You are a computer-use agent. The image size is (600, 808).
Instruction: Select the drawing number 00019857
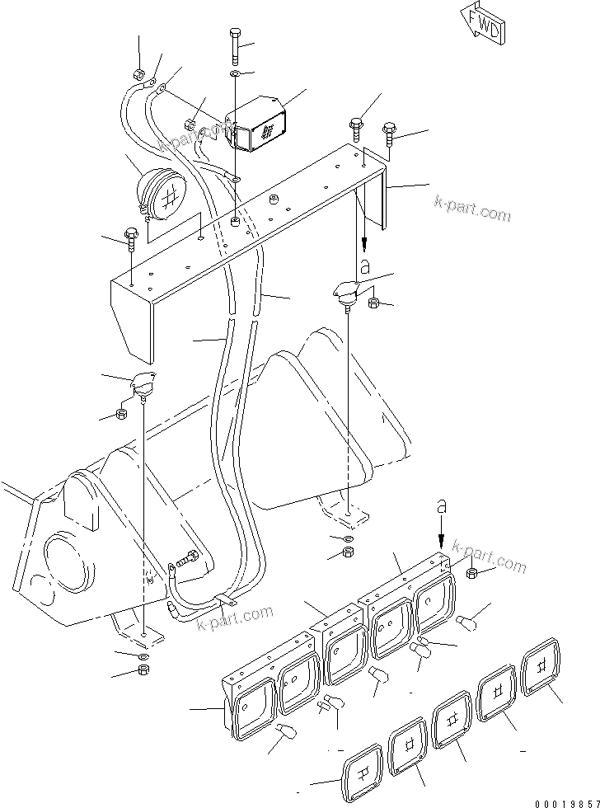pos(562,798)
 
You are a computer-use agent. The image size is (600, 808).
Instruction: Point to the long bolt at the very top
pos(233,46)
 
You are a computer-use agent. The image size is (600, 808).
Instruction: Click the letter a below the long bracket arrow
pos(363,265)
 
